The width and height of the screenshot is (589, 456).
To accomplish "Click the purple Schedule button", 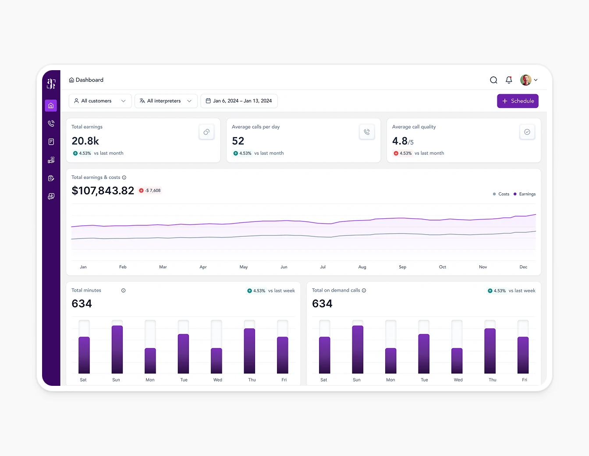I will pyautogui.click(x=518, y=101).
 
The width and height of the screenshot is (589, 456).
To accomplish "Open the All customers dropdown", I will pyautogui.click(x=100, y=101).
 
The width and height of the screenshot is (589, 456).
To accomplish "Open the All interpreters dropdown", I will pyautogui.click(x=166, y=101).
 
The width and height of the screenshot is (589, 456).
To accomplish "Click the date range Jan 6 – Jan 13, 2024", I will pyautogui.click(x=239, y=101).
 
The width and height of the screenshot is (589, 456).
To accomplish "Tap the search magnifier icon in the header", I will pyautogui.click(x=493, y=80).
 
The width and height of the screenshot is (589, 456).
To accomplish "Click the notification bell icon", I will pyautogui.click(x=509, y=80).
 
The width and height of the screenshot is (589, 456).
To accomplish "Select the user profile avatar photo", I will pyautogui.click(x=525, y=80).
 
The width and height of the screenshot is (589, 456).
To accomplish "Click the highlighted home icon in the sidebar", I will pyautogui.click(x=51, y=105).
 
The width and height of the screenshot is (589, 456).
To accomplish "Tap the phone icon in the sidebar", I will pyautogui.click(x=51, y=124).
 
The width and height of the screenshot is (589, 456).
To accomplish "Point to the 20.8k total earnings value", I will pyautogui.click(x=85, y=141).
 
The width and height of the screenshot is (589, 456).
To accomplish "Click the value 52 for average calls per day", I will pyautogui.click(x=238, y=141).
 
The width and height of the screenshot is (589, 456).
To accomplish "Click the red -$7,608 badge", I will pyautogui.click(x=150, y=190).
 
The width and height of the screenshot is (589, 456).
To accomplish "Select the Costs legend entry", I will pyautogui.click(x=501, y=194).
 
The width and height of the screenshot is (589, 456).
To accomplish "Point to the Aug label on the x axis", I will pyautogui.click(x=362, y=267).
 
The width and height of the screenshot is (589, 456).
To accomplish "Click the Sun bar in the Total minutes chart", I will pyautogui.click(x=117, y=349).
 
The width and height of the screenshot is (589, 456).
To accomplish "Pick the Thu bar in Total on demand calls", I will pyautogui.click(x=490, y=350).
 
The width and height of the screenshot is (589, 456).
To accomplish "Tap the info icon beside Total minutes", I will pyautogui.click(x=124, y=290).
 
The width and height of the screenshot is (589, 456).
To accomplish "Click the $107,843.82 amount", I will pyautogui.click(x=103, y=191).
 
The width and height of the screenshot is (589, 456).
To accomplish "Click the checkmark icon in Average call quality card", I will pyautogui.click(x=527, y=132).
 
